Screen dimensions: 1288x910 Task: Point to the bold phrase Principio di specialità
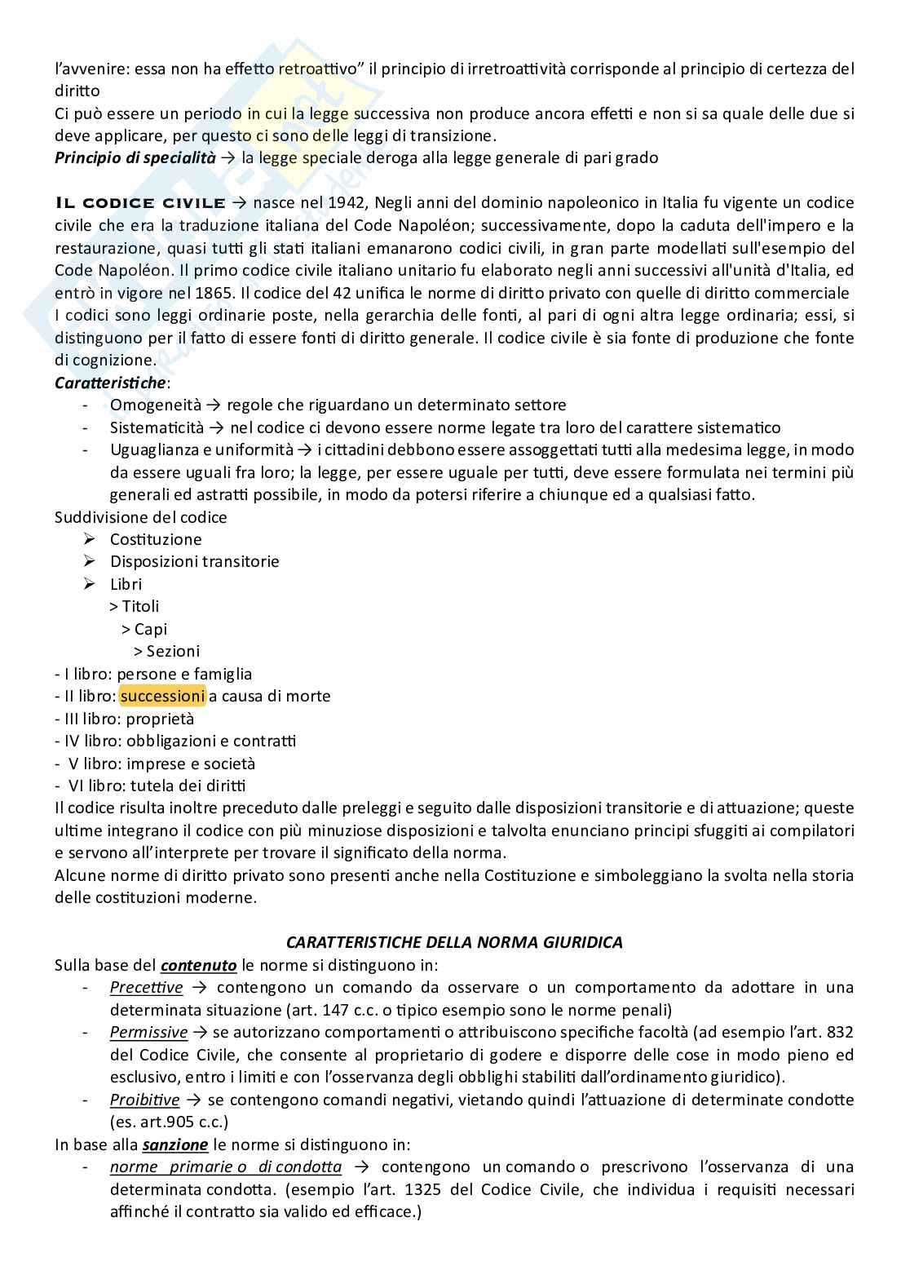pyautogui.click(x=135, y=157)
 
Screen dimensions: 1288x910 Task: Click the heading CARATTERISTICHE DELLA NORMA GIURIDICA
pyautogui.click(x=454, y=942)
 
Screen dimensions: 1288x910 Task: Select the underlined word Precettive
pyautogui.click(x=146, y=987)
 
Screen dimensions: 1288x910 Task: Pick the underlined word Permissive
pyautogui.click(x=148, y=1032)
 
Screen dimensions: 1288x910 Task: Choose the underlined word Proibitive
pyautogui.click(x=144, y=1100)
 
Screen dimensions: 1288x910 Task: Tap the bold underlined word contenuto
pyautogui.click(x=198, y=966)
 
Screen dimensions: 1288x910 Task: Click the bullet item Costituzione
pyautogui.click(x=156, y=539)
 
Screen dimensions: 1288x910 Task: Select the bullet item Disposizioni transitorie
pyautogui.click(x=194, y=561)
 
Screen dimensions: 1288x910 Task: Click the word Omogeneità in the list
pyautogui.click(x=155, y=405)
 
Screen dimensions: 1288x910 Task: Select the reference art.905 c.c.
pyautogui.click(x=168, y=1122)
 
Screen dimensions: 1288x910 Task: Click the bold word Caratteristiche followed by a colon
pyautogui.click(x=109, y=382)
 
